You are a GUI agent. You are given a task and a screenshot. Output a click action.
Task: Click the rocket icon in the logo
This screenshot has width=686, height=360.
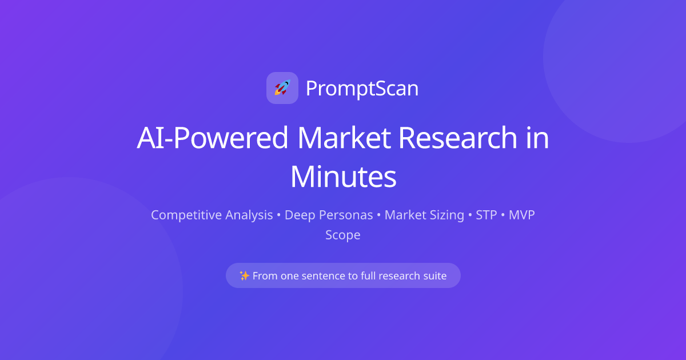click(282, 88)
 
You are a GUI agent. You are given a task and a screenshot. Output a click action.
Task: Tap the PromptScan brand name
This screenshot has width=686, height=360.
click(362, 89)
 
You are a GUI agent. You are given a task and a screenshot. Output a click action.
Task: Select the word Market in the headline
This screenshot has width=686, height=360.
click(345, 138)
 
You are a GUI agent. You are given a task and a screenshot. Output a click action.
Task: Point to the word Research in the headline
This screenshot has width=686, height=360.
click(457, 138)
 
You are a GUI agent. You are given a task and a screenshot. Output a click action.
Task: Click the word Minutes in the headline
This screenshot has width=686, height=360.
click(343, 177)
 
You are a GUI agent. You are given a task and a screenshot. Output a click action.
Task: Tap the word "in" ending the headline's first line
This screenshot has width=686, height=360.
click(537, 138)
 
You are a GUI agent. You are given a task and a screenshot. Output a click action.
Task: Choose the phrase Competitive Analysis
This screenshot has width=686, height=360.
click(212, 215)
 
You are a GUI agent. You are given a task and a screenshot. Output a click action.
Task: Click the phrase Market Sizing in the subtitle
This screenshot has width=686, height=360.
click(424, 215)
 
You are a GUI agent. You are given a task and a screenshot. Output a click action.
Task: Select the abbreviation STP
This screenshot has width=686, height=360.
click(486, 215)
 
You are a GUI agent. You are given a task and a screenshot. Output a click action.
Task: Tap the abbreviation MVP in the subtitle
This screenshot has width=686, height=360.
click(521, 215)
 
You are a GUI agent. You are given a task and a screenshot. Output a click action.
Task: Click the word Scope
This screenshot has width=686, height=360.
click(343, 235)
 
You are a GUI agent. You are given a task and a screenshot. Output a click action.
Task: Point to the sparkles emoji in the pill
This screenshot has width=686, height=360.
click(244, 276)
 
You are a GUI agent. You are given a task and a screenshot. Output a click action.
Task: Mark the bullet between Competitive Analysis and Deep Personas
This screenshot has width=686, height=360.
click(279, 216)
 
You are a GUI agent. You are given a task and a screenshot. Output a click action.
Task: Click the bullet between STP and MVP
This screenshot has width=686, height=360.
click(503, 216)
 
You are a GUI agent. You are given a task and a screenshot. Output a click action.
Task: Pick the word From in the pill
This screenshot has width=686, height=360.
click(265, 276)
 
